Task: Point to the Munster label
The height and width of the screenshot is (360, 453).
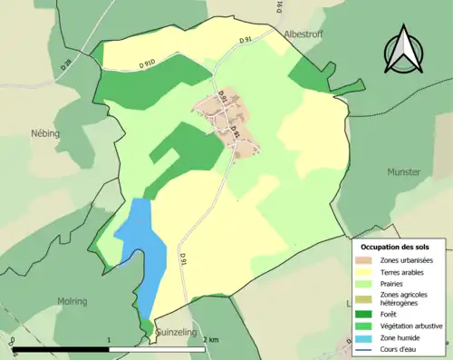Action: [403, 171]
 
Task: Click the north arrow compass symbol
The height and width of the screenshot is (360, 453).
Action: [403, 49]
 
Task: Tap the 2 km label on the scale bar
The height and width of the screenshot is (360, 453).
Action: [210, 340]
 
